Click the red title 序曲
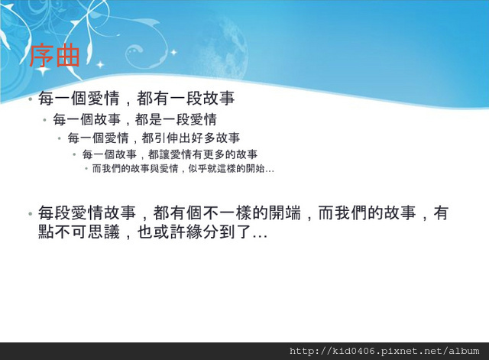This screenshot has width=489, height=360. pos(54,56)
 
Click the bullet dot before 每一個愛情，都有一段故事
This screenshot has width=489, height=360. pos(30,99)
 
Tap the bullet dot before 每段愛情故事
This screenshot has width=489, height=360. pos(30,214)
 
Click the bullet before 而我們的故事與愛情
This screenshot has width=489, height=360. pos(86,169)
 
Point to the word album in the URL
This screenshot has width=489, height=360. pos(464,352)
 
